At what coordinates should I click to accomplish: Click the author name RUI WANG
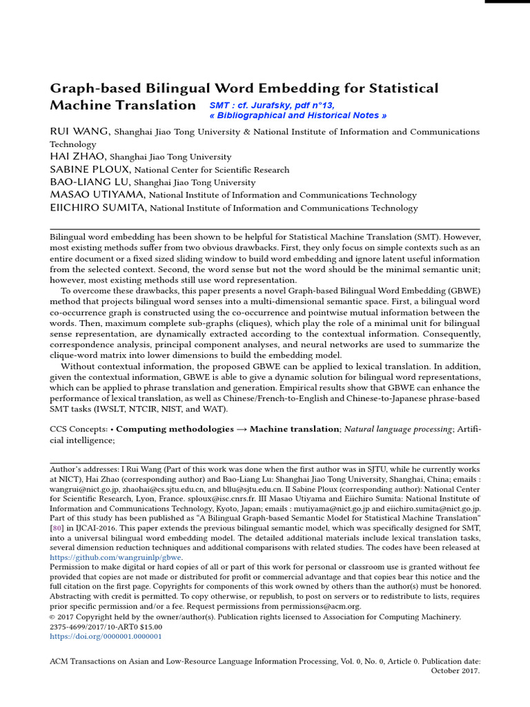click(x=79, y=131)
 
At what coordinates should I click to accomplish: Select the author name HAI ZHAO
click(x=77, y=157)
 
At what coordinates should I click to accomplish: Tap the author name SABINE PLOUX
click(x=89, y=169)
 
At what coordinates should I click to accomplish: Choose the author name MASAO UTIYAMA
click(x=97, y=195)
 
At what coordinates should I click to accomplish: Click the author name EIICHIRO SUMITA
click(x=97, y=208)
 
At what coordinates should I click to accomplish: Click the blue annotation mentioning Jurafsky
click(x=272, y=106)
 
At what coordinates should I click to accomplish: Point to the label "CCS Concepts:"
click(x=79, y=429)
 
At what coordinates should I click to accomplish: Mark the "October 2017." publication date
click(x=455, y=670)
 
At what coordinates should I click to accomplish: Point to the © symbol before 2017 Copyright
click(x=52, y=617)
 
